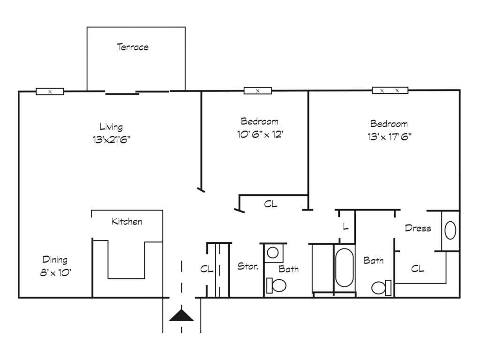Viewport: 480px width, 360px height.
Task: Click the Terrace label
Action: click(133, 47)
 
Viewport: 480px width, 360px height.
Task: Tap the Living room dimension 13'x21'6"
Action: click(112, 140)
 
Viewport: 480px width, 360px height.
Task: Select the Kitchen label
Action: click(127, 221)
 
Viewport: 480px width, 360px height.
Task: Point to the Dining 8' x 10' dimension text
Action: click(55, 272)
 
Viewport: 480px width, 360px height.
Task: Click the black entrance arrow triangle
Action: click(181, 315)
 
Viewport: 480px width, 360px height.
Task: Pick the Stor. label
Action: click(248, 266)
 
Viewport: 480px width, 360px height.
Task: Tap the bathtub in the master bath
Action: click(345, 267)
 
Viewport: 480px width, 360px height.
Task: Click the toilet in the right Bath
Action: click(382, 288)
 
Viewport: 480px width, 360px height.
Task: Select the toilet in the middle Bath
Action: click(276, 285)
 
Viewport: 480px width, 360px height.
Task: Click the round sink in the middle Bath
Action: click(273, 253)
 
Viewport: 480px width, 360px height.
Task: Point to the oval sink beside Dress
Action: click(450, 230)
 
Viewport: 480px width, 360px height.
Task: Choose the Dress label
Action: click(418, 228)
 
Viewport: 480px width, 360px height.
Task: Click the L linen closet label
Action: click(345, 226)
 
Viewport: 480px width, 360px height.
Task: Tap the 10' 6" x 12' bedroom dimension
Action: click(260, 135)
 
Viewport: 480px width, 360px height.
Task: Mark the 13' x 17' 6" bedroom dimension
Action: click(390, 136)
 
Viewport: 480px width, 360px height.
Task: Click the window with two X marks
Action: click(390, 90)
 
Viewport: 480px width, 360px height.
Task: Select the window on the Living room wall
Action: click(50, 91)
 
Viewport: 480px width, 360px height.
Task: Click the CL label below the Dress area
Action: click(418, 269)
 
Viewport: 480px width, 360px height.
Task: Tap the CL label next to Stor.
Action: click(207, 269)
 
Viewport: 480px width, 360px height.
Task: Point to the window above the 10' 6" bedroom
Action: click(258, 90)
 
